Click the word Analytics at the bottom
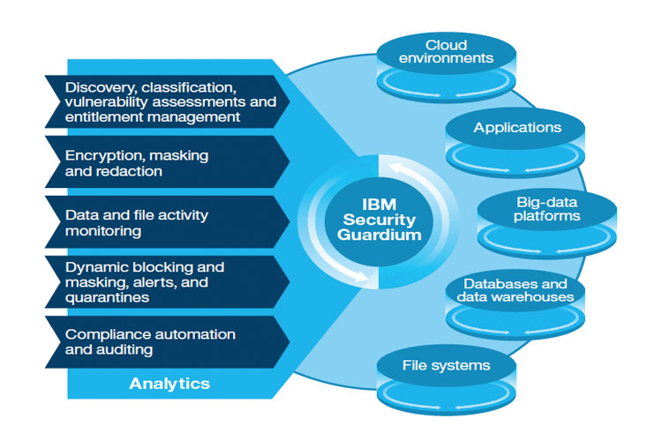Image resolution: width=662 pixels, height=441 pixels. click(x=169, y=384)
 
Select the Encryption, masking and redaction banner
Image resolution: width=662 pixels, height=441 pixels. click(x=168, y=163)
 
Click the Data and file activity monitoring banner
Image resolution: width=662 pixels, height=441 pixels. click(x=168, y=222)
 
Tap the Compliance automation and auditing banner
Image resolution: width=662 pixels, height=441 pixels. click(x=168, y=342)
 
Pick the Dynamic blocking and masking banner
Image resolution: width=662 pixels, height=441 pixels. click(x=168, y=282)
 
